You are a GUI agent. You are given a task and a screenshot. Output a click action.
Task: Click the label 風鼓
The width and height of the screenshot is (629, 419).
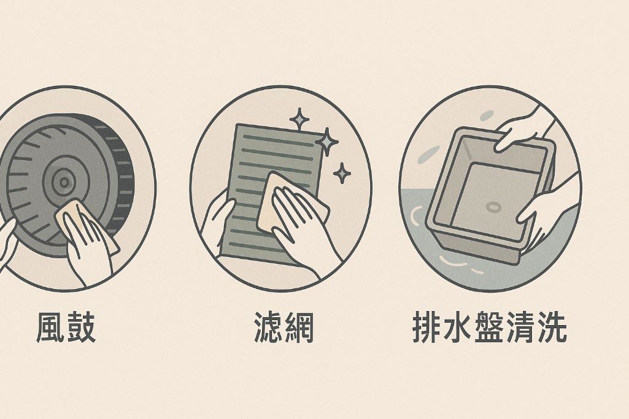tap(66, 328)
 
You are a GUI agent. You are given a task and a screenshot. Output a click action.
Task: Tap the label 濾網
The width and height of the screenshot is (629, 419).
tap(284, 328)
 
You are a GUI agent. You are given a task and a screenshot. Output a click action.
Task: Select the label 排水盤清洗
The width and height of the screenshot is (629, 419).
tap(490, 328)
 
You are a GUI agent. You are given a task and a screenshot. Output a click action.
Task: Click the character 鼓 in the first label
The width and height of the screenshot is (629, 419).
tap(82, 328)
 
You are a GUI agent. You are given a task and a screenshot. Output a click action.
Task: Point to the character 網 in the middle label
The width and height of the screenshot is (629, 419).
tap(299, 328)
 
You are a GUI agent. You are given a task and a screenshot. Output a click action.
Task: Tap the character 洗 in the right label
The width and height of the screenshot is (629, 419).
tap(552, 328)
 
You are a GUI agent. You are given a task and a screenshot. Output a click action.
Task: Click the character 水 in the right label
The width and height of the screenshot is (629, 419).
tap(458, 328)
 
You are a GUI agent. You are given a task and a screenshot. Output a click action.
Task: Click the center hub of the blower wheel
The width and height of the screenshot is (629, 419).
tap(64, 182)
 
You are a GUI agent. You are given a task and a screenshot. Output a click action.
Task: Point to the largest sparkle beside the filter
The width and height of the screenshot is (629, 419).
tap(327, 142)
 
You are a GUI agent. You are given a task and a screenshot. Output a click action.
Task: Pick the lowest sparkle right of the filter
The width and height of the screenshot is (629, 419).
tap(342, 173)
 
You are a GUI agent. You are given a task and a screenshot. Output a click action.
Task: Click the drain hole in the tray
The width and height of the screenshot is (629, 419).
tap(493, 207)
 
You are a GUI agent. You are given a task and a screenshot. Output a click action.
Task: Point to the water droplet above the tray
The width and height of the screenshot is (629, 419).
tap(486, 115)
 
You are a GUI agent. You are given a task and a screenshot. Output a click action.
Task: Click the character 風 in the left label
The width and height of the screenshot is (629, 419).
tap(50, 328)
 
